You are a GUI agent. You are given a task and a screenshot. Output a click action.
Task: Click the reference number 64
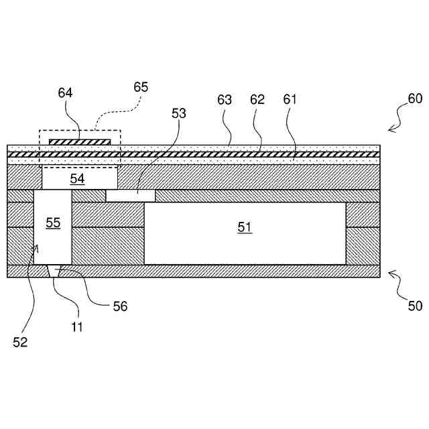(65, 94)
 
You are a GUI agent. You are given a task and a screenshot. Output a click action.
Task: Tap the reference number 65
(141, 87)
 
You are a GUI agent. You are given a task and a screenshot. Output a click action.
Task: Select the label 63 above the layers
(225, 100)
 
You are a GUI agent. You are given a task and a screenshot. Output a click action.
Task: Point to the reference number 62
(257, 100)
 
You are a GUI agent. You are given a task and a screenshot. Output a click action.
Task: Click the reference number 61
(290, 100)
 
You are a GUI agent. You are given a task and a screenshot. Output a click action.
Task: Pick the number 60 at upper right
(415, 98)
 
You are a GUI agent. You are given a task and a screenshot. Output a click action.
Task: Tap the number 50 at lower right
(415, 307)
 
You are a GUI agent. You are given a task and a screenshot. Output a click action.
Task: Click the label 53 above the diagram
(179, 113)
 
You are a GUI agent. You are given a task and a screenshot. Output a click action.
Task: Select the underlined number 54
(78, 179)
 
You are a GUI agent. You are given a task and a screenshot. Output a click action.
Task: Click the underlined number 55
(53, 223)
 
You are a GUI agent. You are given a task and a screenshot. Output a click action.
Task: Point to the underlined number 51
(245, 227)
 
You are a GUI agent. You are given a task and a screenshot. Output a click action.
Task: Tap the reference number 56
(120, 306)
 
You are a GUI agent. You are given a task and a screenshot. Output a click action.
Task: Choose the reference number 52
(21, 342)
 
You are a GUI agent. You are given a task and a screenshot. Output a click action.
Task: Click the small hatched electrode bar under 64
(80, 141)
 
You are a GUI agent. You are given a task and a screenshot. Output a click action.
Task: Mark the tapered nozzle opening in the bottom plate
(56, 271)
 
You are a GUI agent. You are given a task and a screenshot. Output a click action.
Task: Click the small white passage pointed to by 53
(131, 195)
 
